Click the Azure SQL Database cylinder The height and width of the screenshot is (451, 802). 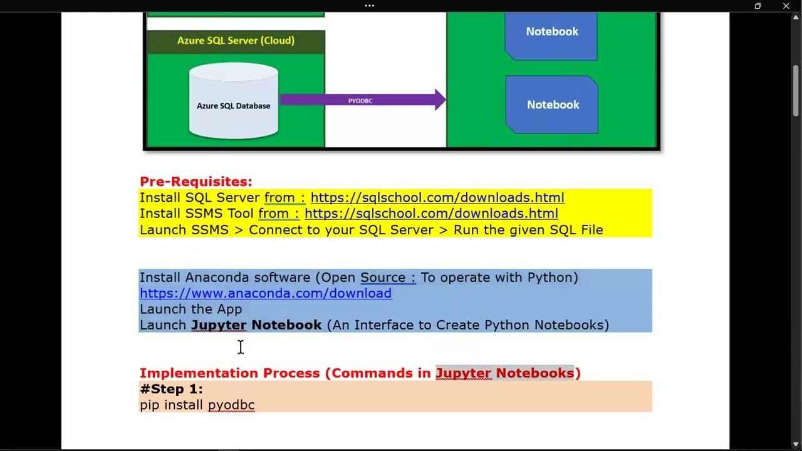click(234, 103)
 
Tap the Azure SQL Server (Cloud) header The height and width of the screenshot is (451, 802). click(236, 41)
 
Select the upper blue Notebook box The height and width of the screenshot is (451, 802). click(551, 34)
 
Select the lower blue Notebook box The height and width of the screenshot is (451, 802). click(552, 105)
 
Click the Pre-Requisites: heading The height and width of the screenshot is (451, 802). click(195, 182)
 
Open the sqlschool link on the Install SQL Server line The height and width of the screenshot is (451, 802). click(437, 198)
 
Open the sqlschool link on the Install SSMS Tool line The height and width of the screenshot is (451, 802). click(431, 214)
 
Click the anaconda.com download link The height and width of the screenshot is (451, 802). click(265, 293)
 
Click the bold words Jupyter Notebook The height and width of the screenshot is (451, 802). click(256, 325)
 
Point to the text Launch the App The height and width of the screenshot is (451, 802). click(190, 309)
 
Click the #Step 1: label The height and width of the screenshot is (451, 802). click(171, 389)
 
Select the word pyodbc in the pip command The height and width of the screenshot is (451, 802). click(231, 405)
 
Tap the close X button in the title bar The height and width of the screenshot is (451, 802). click(786, 6)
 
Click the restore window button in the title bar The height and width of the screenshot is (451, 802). click(758, 6)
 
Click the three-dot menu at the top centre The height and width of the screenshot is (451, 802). click(370, 6)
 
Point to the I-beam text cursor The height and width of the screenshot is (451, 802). click(241, 347)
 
